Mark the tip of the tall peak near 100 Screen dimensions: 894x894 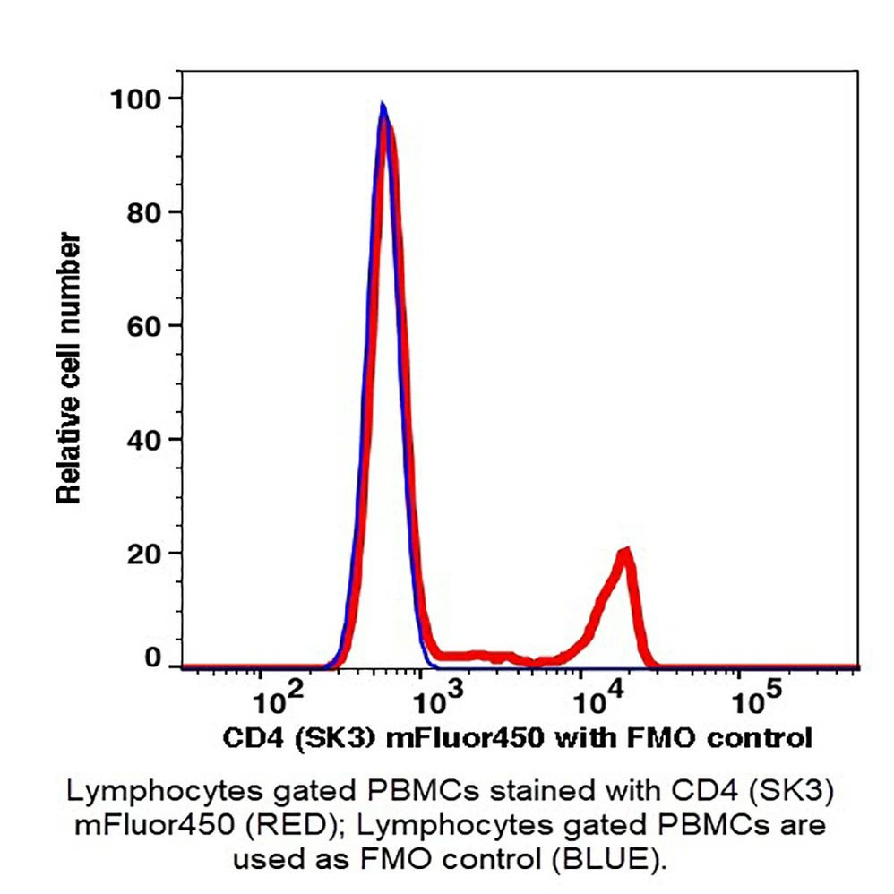[x=383, y=106]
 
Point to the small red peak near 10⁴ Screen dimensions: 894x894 [x=625, y=551]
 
